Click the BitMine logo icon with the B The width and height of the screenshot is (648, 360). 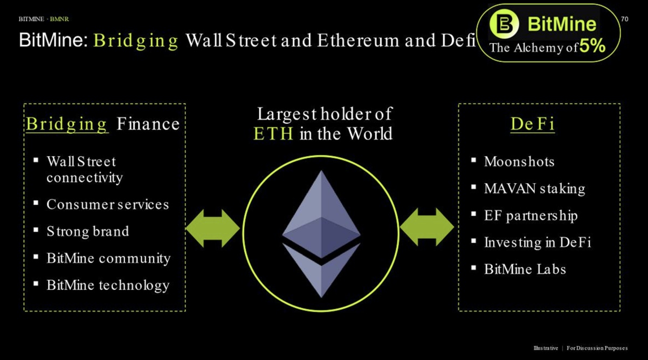click(504, 24)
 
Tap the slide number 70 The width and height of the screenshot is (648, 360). click(625, 19)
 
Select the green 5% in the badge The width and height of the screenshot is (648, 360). click(592, 46)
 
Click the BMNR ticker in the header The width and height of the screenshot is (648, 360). click(59, 19)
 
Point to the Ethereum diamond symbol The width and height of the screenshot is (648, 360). click(321, 234)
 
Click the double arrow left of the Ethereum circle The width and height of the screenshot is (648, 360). click(212, 229)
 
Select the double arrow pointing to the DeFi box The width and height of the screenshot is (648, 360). click(427, 227)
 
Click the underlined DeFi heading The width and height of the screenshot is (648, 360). click(533, 124)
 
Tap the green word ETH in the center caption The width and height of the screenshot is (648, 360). click(273, 134)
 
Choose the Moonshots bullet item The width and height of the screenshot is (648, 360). click(519, 161)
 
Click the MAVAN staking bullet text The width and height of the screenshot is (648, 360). click(535, 189)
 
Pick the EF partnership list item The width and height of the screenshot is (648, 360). click(531, 216)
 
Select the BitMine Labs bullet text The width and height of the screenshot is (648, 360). click(525, 269)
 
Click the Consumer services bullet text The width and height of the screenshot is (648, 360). click(108, 204)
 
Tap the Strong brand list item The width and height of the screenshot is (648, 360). click(88, 231)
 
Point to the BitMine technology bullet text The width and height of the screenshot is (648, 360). click(108, 286)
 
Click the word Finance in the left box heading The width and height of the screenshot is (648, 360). click(148, 124)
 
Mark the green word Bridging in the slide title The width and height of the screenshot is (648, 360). click(136, 41)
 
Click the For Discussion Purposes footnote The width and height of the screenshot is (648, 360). click(597, 348)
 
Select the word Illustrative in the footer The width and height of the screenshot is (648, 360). click(546, 348)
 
